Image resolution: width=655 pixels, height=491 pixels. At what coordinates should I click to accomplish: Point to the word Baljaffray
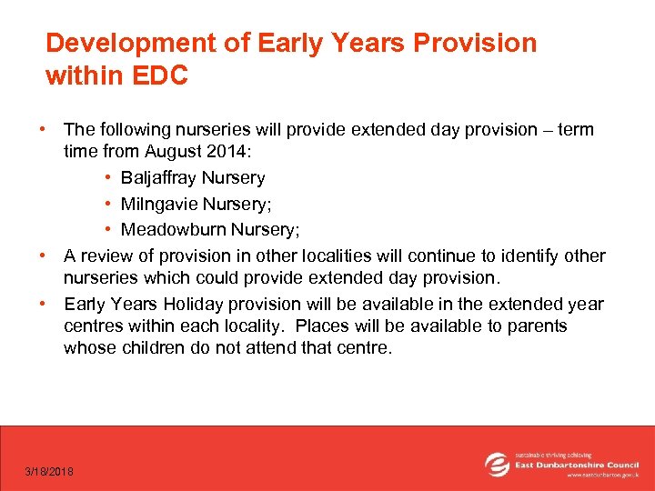tap(159, 177)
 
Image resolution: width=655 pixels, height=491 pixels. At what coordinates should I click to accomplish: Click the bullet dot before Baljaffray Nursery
tap(108, 177)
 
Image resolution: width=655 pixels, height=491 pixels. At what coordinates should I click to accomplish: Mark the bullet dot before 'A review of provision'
tap(42, 256)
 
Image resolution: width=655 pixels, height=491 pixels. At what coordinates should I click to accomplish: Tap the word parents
tap(536, 326)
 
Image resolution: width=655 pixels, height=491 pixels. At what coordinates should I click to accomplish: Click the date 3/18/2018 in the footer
tap(50, 471)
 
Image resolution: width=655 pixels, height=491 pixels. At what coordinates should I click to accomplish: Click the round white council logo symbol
tap(497, 464)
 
